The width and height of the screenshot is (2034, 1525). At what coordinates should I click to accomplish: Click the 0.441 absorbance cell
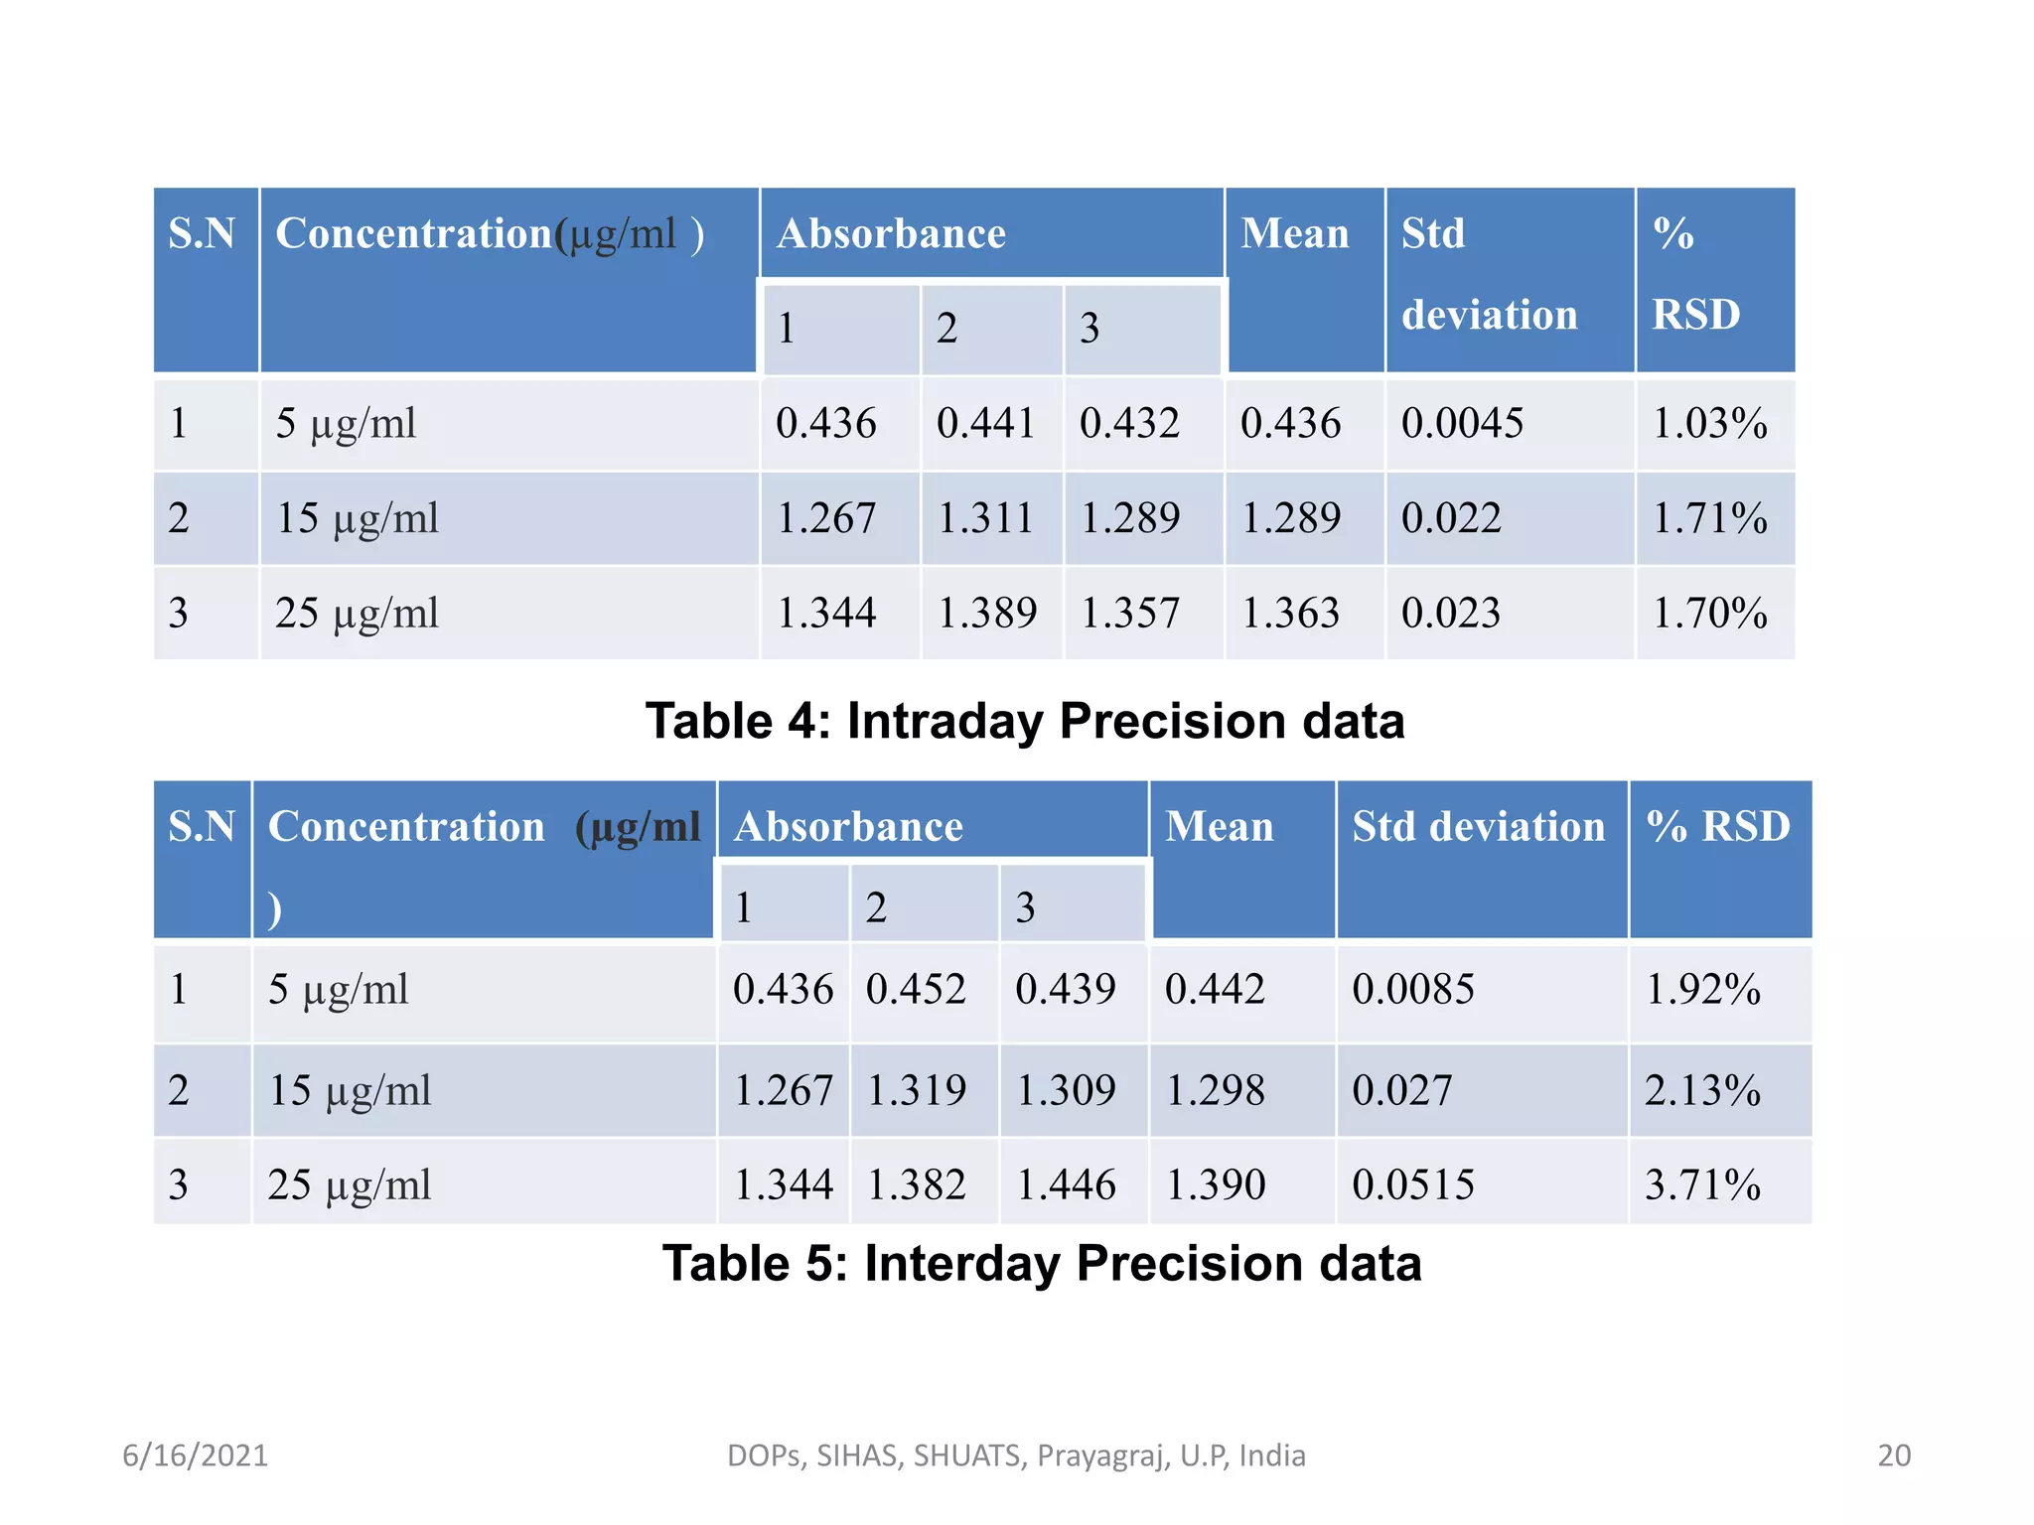(x=985, y=424)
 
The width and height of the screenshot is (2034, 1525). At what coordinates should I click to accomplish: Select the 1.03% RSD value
(x=1709, y=424)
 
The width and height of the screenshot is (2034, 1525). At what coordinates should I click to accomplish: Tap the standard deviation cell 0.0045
(x=1462, y=424)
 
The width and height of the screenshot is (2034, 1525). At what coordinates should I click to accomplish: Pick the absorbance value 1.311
(x=985, y=518)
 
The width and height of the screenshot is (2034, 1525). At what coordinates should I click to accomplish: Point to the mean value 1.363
(x=1290, y=613)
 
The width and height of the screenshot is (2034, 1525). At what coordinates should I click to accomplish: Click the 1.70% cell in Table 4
(x=1709, y=613)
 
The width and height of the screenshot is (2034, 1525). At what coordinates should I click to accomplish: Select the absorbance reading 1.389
(x=987, y=613)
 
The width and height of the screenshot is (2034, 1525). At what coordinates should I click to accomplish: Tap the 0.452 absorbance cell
(x=916, y=990)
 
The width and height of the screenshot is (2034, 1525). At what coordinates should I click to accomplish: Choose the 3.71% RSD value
(x=1702, y=1184)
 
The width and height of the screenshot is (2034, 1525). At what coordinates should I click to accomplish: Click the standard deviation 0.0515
(x=1413, y=1184)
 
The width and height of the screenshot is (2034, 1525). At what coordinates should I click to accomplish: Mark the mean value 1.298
(x=1215, y=1090)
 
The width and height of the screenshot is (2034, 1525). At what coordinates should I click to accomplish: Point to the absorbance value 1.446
(x=1066, y=1184)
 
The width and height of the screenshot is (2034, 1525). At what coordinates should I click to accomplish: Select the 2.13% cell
(x=1702, y=1090)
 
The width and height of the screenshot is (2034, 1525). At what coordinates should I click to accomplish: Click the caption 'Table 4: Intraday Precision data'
(x=1025, y=721)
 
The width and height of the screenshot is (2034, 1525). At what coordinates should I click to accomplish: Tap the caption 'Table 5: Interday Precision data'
(x=1042, y=1264)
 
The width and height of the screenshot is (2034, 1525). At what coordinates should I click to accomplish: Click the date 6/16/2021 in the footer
(x=195, y=1456)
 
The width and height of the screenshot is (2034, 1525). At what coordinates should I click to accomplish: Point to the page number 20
(x=1894, y=1456)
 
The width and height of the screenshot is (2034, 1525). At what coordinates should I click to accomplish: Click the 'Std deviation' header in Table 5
(x=1478, y=827)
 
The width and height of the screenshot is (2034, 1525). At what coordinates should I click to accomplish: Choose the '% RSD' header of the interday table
(x=1718, y=827)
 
